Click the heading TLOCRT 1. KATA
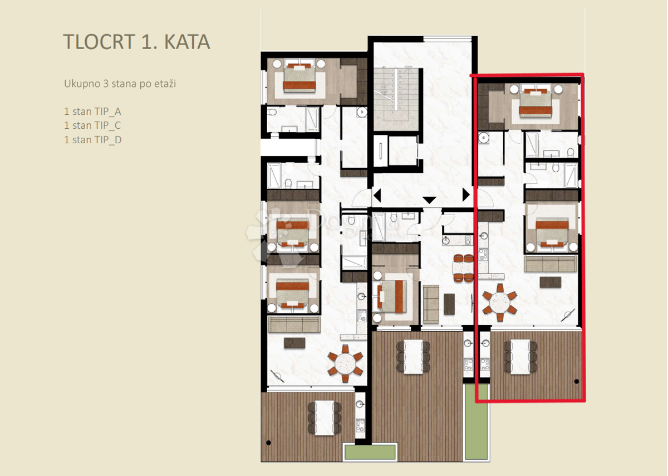[136, 42]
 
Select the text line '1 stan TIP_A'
[92, 111]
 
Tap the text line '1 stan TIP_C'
[92, 125]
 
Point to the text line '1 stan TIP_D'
[92, 139]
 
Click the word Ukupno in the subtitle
[80, 84]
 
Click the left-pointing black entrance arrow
[377, 196]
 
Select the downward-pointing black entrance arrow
[429, 200]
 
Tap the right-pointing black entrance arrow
[466, 196]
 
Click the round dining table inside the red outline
[500, 304]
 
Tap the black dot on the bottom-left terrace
[269, 443]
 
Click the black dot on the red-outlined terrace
[576, 382]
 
